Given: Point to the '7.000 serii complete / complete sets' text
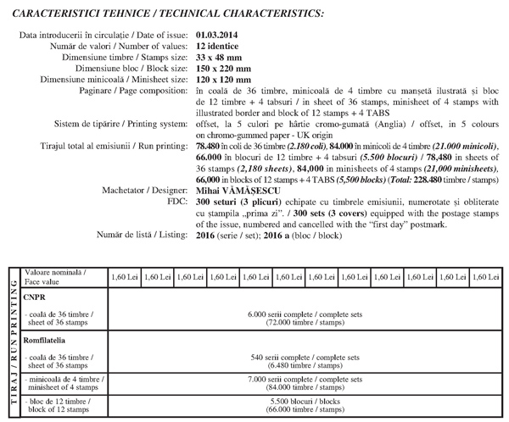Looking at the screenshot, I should [x=305, y=381].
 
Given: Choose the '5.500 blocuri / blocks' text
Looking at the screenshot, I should [x=305, y=404].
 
